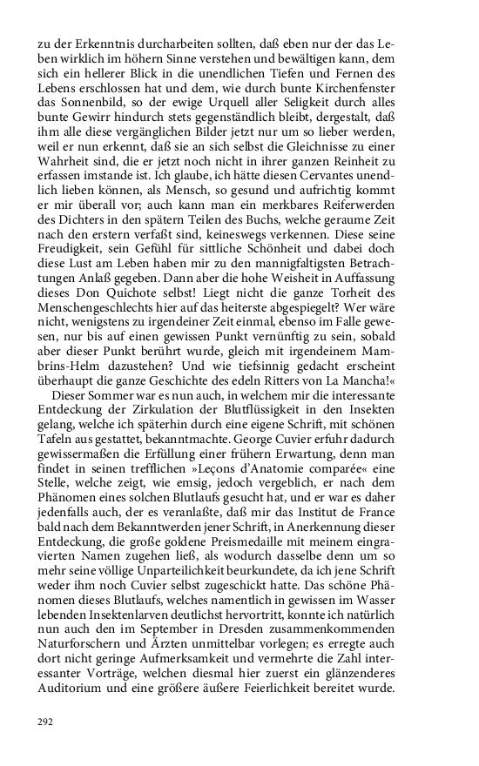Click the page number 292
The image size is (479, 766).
tap(46, 722)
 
